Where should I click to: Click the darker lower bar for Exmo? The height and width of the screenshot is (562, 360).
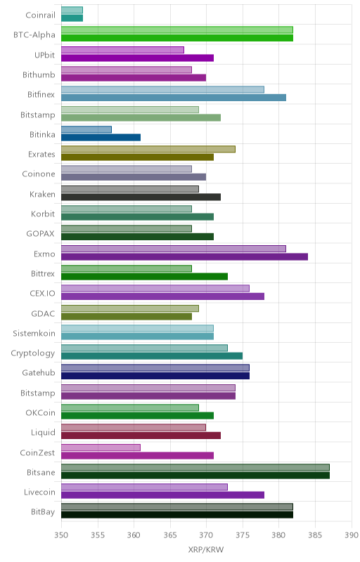point(184,256)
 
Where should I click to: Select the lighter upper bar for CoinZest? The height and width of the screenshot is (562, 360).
point(101,447)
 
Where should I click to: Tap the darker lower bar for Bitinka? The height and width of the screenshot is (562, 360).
point(101,137)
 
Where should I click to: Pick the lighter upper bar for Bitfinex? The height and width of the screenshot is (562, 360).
point(163,90)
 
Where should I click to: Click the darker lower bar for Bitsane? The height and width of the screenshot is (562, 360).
point(195,476)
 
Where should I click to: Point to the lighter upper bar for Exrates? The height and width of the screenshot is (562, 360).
point(148,149)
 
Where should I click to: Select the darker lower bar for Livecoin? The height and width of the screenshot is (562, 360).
point(163,495)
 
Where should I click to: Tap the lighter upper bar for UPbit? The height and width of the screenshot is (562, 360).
point(122,50)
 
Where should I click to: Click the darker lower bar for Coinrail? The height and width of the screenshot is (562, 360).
point(72,18)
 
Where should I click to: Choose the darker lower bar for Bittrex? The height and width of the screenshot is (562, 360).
point(145,276)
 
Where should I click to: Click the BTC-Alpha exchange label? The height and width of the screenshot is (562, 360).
point(34,34)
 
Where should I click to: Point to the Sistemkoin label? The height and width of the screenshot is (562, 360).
point(34,333)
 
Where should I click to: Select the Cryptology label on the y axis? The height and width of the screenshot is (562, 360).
point(33,353)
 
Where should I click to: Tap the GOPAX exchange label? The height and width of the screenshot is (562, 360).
point(41,234)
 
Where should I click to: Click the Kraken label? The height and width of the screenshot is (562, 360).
point(42,195)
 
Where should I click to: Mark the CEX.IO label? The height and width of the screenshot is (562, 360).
point(43,294)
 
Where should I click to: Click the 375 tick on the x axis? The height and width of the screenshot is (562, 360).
point(243,535)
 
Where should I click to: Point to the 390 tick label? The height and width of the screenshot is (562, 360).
point(352,535)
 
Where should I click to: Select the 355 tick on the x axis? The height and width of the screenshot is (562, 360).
point(98,535)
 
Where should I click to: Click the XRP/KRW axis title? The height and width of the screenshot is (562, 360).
point(206,550)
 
